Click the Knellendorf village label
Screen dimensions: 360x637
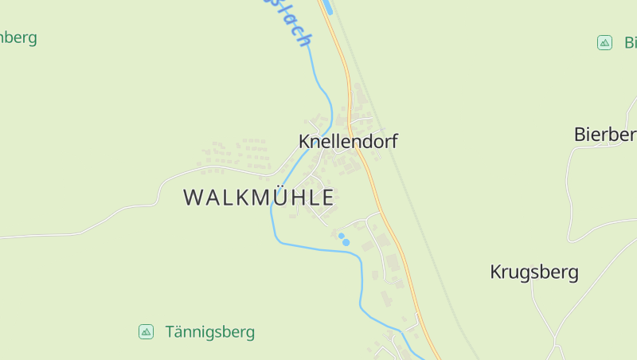pyautogui.click(x=347, y=141)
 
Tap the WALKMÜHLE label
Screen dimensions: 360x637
pyautogui.click(x=259, y=198)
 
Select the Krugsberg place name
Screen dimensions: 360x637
pyautogui.click(x=533, y=272)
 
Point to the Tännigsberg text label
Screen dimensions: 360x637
pyautogui.click(x=210, y=331)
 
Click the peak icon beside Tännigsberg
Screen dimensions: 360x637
pyautogui.click(x=146, y=331)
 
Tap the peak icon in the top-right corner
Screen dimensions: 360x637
pyautogui.click(x=604, y=42)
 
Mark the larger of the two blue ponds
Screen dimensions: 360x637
pyautogui.click(x=346, y=242)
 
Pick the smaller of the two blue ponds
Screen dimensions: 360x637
pyautogui.click(x=341, y=236)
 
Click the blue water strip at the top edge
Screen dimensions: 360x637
pyautogui.click(x=325, y=7)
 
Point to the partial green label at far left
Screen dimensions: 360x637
pyautogui.click(x=18, y=37)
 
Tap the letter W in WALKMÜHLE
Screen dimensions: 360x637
pyautogui.click(x=193, y=198)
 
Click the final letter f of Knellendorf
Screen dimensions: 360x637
pyautogui.click(x=393, y=141)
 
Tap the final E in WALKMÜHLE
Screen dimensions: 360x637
pyautogui.click(x=326, y=198)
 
